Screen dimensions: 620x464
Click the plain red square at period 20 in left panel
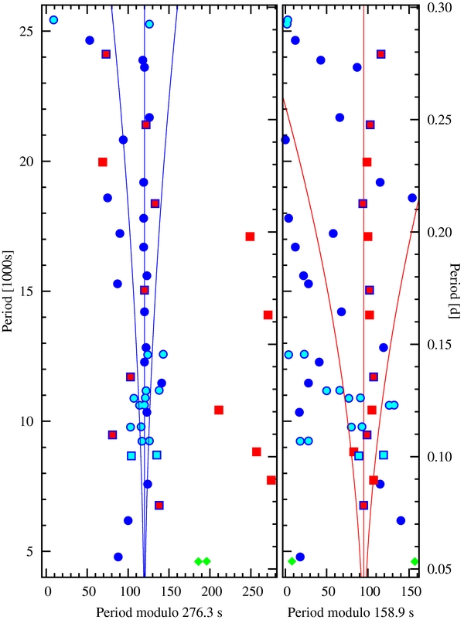click(103, 162)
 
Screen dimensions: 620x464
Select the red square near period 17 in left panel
click(250, 237)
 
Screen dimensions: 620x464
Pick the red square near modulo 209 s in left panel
click(219, 410)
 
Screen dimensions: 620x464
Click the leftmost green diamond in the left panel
click(198, 561)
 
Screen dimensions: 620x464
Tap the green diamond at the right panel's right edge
click(415, 561)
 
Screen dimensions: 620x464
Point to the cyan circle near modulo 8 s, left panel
click(53, 20)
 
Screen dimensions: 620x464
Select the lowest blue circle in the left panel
click(118, 557)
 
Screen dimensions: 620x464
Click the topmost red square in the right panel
click(380, 54)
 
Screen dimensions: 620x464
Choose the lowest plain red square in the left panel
click(271, 480)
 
